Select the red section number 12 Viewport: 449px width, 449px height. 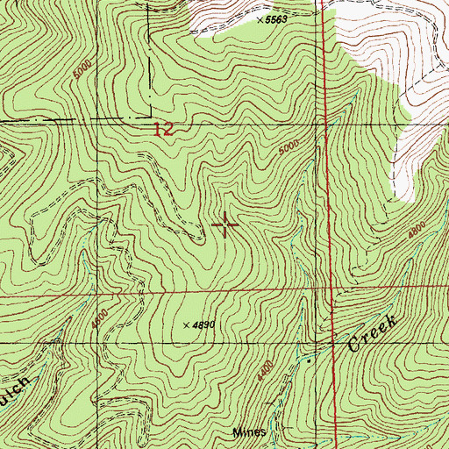pyautogui.click(x=162, y=130)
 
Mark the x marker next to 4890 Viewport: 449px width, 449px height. pyautogui.click(x=186, y=324)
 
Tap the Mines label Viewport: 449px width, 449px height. pyautogui.click(x=248, y=432)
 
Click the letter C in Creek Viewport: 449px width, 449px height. pyautogui.click(x=353, y=346)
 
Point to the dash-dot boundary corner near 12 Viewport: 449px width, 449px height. pyautogui.click(x=146, y=120)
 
